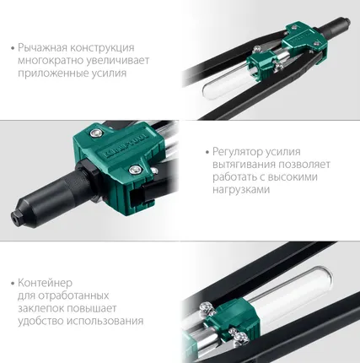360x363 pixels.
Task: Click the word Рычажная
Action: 41,48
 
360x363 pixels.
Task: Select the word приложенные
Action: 51,73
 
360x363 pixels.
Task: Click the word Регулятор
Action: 233,153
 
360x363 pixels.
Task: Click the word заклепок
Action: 40,308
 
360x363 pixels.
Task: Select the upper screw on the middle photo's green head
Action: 99,133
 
